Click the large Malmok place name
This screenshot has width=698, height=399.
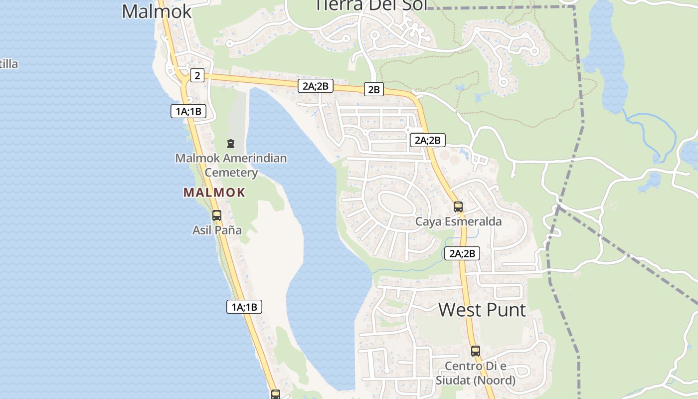(157, 11)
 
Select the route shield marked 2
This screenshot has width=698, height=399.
(197, 75)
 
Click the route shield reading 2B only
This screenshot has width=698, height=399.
(373, 90)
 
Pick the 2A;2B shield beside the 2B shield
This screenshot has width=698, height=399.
(315, 86)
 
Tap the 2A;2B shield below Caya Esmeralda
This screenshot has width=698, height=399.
(462, 253)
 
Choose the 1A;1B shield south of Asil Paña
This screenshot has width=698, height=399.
(244, 307)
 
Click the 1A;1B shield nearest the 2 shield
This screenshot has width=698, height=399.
(188, 111)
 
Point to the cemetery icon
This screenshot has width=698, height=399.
(230, 144)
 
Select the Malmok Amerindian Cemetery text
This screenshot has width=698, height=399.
(231, 165)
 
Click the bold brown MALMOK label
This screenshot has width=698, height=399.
(214, 193)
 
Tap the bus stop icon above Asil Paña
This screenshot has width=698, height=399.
(217, 215)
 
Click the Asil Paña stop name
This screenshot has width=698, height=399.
(217, 230)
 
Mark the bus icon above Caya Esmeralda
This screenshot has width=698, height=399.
(458, 206)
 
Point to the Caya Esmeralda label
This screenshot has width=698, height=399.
(458, 221)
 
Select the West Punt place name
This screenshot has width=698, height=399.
(482, 310)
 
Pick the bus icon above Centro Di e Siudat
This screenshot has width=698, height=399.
(475, 351)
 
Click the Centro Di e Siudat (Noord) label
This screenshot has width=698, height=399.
(475, 373)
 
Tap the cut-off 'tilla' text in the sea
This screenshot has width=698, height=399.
(9, 64)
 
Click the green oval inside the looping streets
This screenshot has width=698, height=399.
(399, 205)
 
